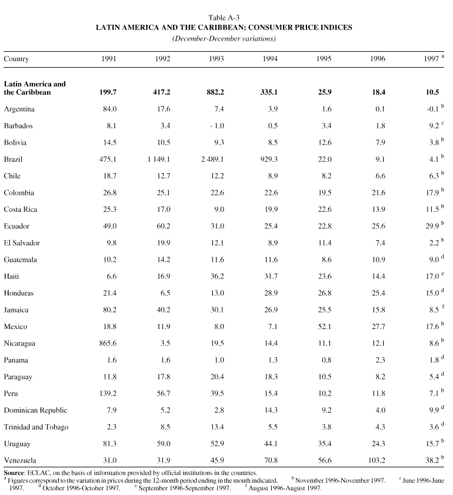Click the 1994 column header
coord(270,59)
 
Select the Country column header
coord(16,59)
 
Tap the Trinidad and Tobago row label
coord(36,427)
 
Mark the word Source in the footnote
coord(14,473)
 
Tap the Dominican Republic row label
coord(35,410)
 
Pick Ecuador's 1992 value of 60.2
coord(162,226)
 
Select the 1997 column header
coord(432,59)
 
